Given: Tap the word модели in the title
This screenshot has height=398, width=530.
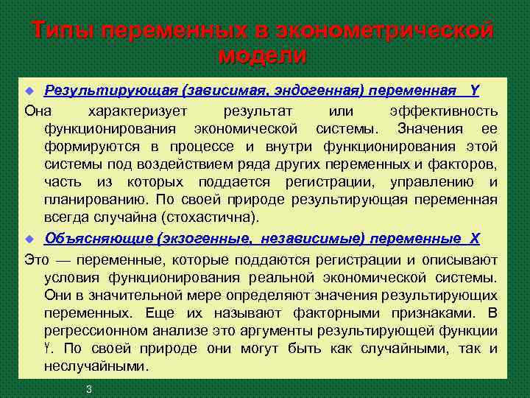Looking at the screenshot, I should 263,55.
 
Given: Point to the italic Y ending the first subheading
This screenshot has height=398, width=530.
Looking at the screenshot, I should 475,91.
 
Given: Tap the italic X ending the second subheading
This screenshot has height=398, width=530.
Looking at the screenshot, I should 475,238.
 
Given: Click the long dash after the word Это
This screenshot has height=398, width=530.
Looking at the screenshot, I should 61,260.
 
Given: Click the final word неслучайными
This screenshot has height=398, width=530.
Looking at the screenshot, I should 96,366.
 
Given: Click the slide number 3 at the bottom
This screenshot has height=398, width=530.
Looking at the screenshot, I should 88,388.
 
